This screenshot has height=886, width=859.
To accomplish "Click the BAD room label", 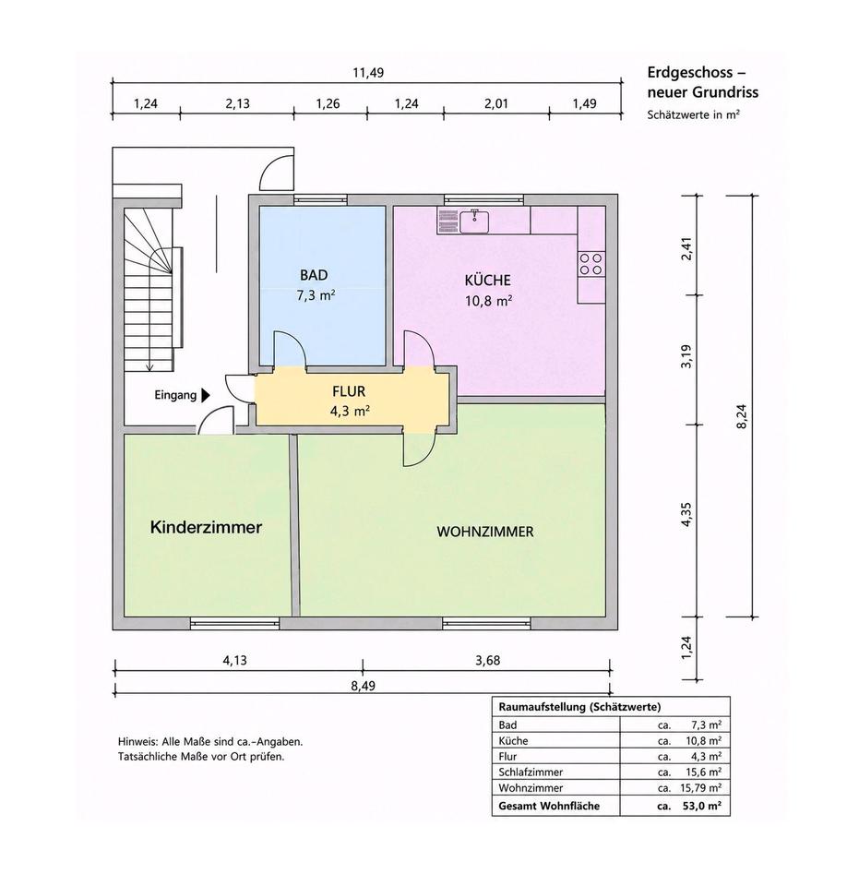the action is (x=314, y=275).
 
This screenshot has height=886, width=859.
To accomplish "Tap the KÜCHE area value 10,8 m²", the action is (x=488, y=301).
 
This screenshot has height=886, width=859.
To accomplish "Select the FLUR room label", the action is (x=349, y=391).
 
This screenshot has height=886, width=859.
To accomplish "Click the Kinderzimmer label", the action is (x=206, y=527).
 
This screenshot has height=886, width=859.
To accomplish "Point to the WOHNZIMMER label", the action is (x=485, y=532).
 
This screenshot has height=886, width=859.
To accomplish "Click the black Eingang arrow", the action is (x=206, y=395).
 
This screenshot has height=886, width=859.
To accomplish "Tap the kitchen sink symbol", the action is (x=474, y=221).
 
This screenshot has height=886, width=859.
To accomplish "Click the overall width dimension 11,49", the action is (x=368, y=73).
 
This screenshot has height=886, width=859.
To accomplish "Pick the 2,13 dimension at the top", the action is (x=237, y=104).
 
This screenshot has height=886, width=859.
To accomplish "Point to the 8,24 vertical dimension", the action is (x=742, y=416).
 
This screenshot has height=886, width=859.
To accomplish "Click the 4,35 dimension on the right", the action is (x=686, y=515).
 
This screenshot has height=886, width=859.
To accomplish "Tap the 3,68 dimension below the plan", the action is (x=487, y=660).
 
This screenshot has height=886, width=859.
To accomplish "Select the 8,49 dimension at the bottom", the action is (x=364, y=686).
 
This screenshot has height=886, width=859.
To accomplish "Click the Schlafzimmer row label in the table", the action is (x=531, y=772).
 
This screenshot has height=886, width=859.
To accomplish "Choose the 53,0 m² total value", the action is (x=701, y=806).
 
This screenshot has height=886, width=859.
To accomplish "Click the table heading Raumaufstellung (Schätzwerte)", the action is (x=579, y=707).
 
